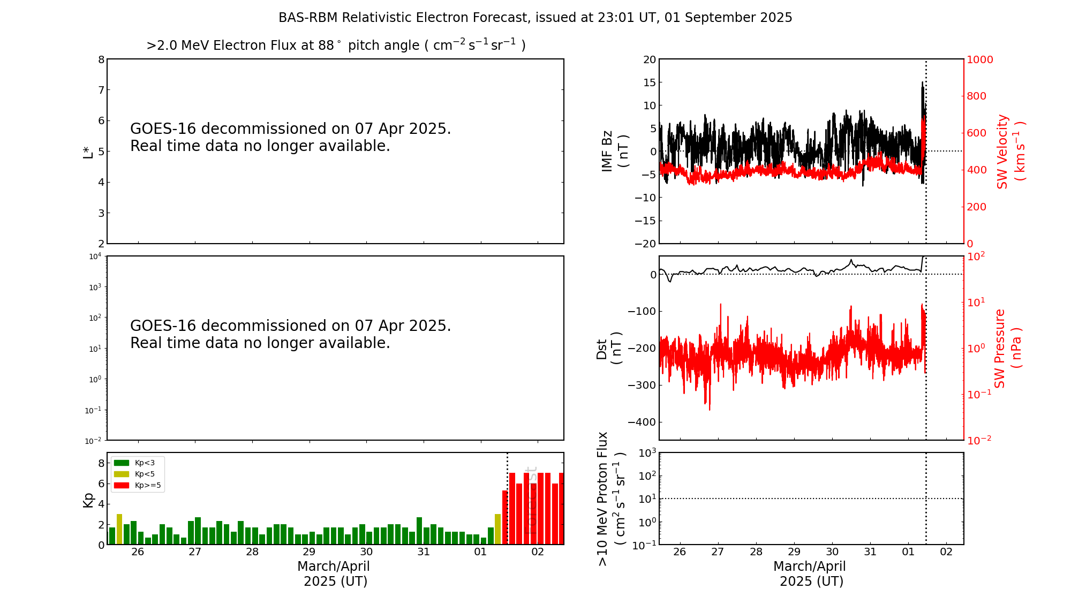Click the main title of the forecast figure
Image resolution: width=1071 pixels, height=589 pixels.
coord(535,18)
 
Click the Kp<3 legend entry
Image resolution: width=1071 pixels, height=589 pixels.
coord(134,463)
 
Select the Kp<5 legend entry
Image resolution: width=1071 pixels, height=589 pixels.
coord(134,474)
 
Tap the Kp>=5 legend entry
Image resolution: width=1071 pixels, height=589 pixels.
coord(137,486)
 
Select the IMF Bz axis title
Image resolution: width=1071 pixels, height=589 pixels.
coord(615,151)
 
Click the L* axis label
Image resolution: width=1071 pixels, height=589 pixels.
coord(88,152)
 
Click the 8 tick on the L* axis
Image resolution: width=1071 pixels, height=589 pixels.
coord(101,59)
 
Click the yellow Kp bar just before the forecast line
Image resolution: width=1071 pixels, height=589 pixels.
coord(497,529)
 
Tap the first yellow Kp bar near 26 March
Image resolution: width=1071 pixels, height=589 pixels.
coord(119,529)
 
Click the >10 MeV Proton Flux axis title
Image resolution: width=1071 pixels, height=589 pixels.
coord(610,499)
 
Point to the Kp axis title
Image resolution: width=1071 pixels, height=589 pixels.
coord(88,500)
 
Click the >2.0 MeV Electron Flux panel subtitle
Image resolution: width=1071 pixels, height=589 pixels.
coord(336,46)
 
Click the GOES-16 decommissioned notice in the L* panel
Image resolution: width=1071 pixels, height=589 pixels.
coord(290,137)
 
